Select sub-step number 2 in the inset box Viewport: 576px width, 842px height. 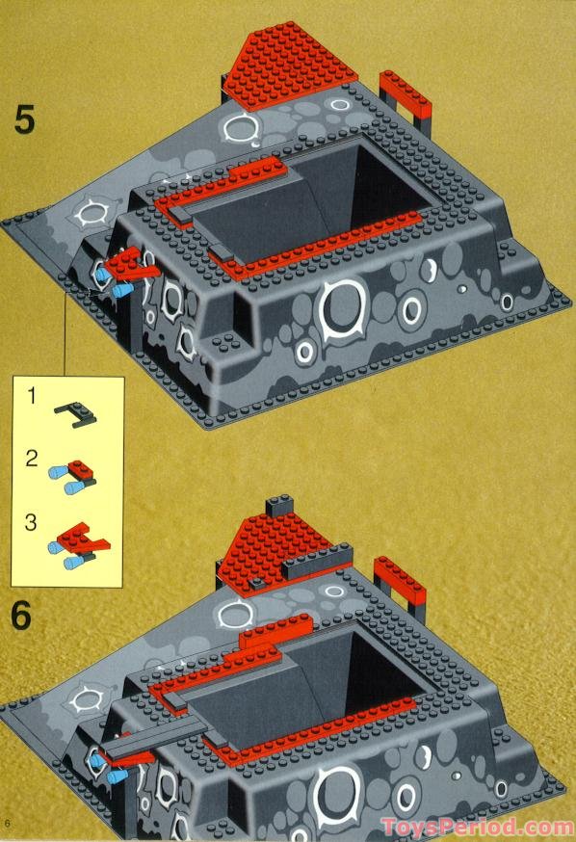(32, 460)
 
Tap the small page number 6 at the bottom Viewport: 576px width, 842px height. (7, 823)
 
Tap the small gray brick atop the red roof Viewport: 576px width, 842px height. (278, 505)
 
